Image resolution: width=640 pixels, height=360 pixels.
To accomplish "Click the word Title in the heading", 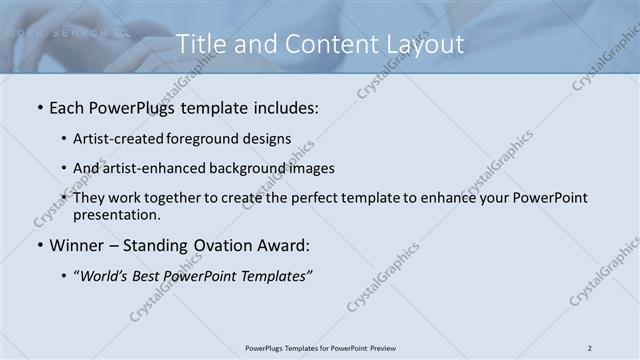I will tap(198, 45).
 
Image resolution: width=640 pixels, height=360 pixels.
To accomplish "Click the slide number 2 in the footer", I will tap(590, 348).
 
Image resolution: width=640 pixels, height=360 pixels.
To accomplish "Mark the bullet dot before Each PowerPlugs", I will tap(39, 106).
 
